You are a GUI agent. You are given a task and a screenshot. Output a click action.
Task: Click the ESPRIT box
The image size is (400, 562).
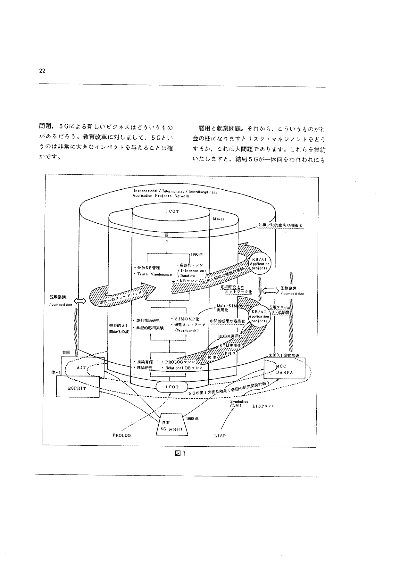click(x=77, y=388)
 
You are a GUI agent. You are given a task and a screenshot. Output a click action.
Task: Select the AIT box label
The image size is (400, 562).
click(x=81, y=368)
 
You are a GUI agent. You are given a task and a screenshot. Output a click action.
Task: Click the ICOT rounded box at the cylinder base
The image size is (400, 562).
click(x=172, y=387)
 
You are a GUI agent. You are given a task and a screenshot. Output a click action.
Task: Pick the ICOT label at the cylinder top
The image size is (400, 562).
click(x=172, y=211)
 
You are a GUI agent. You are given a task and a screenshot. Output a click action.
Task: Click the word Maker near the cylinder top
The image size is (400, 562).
click(x=219, y=219)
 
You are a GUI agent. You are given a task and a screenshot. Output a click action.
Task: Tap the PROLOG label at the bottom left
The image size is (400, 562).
click(x=122, y=436)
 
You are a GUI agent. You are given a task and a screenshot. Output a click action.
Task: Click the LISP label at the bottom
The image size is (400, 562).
click(x=220, y=436)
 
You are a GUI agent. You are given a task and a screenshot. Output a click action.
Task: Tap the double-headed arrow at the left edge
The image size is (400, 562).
click(x=80, y=301)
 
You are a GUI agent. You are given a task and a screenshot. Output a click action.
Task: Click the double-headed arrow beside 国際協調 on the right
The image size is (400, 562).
click(x=271, y=291)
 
